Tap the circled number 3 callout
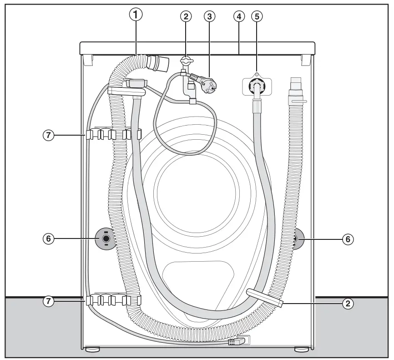pos(209,16)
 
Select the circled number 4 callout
pos(238,16)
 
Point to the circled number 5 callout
pos(257,16)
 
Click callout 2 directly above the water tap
pos(185,16)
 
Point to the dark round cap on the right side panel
pos(296,238)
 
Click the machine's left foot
pos(92,350)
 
